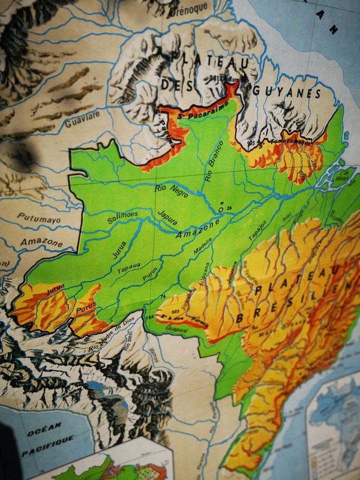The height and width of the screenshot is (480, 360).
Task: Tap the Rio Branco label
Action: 214,161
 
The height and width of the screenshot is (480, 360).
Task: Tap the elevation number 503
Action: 173,311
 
